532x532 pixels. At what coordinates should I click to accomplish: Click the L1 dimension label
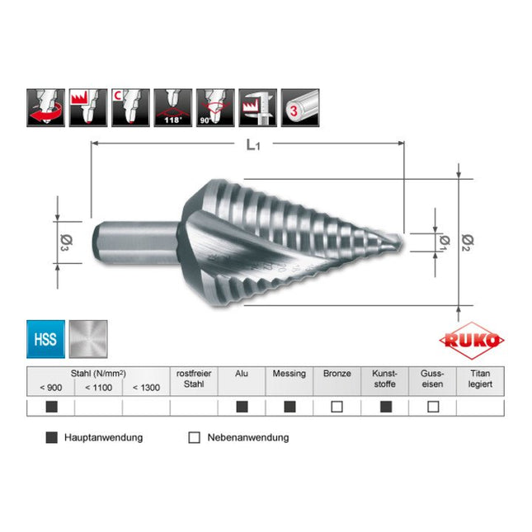257,144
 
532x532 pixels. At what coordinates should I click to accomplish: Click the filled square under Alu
242,407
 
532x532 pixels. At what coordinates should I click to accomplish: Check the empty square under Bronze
337,407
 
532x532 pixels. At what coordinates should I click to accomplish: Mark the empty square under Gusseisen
433,407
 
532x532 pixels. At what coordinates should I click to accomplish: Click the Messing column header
289,374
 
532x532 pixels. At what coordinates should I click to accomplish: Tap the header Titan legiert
480,379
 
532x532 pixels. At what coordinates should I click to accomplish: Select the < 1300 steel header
146,387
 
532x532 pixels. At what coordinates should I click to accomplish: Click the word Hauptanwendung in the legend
103,437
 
